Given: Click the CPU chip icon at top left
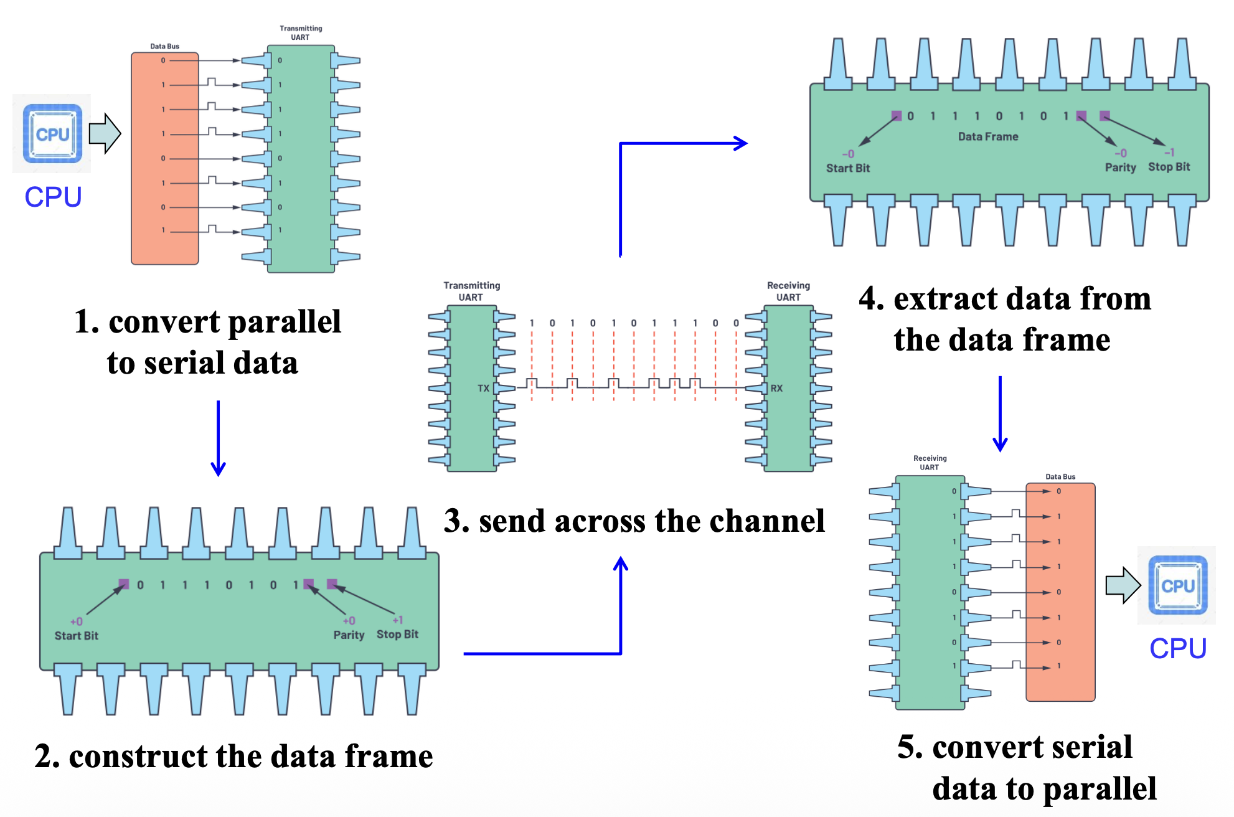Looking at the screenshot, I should point(52,134).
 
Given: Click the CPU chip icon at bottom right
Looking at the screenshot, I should point(1177,585).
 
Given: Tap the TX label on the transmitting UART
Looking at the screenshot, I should point(483,389).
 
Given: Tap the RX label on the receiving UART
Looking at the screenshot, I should point(776,389).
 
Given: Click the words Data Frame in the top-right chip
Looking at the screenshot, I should point(988,136).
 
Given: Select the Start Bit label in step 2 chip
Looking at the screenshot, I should point(76,636).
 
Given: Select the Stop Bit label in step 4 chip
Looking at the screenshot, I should point(1169,167).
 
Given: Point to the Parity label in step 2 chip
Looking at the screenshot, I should point(349,635).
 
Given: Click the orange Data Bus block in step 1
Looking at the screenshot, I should point(164,159).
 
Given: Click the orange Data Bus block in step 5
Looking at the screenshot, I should point(1060,592).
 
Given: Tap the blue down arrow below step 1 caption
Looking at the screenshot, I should point(218,439).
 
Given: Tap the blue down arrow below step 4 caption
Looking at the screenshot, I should point(1000,414).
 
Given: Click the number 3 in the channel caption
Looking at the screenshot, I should point(456,521).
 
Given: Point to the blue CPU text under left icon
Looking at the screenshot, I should point(53,197).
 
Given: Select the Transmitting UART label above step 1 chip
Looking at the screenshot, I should point(301,33).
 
